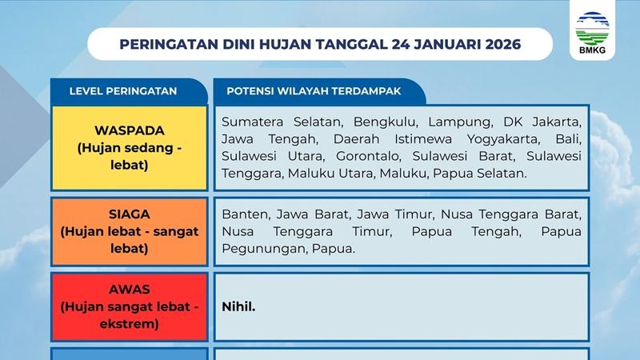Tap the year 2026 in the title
[501, 44]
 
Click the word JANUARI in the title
[438, 44]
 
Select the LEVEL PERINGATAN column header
[123, 91]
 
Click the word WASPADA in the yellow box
[130, 130]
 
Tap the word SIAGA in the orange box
[130, 215]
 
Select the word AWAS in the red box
[130, 290]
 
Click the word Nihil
[239, 306]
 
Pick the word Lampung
[459, 122]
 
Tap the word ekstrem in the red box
[130, 324]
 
